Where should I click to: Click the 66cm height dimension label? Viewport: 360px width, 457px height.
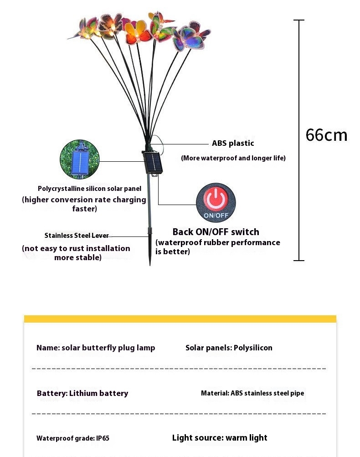pos(326,135)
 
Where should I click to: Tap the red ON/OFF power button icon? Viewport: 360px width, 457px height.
pos(216,203)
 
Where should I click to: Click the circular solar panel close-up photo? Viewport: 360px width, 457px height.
pos(80,159)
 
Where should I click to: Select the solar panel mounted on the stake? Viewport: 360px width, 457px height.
pos(153,163)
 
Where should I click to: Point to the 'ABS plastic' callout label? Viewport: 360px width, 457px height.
pos(233,143)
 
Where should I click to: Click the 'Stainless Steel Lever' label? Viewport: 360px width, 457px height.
pos(77,236)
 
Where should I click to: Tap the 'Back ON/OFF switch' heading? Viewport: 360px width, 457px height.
pos(216,232)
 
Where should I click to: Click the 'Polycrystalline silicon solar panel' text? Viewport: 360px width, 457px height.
pos(89,189)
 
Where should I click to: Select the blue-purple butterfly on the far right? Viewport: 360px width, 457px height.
pos(191,38)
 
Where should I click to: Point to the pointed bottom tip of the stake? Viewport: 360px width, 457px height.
pos(150,265)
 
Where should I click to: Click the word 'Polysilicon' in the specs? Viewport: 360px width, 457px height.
pos(253,348)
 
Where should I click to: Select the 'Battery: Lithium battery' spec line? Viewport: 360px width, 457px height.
pos(82,393)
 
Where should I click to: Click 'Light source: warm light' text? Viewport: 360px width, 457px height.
pos(220,438)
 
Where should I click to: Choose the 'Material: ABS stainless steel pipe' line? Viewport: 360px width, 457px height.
pos(252,393)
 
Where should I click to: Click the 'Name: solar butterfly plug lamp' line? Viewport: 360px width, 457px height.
pos(96,348)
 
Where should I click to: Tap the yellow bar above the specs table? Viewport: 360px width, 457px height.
pos(180,318)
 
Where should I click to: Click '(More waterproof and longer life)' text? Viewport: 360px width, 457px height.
pos(233,158)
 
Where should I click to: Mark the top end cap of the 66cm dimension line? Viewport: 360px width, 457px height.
pos(299,20)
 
